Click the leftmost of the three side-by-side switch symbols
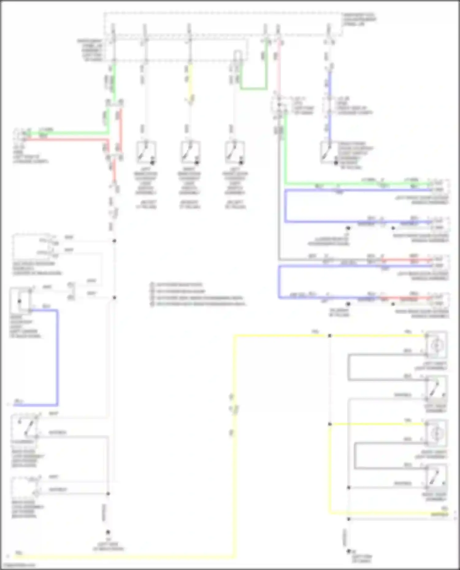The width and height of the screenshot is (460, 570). coord(146,152)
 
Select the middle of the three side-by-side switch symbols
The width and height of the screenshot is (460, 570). coord(190,152)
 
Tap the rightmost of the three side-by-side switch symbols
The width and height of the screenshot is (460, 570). coord(235,152)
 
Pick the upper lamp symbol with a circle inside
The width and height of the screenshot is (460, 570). coord(436,345)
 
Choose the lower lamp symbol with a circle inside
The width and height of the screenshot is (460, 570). coord(436,433)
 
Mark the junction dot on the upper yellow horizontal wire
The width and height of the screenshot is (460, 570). coord(330,336)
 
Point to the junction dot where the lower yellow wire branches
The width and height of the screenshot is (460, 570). coord(330,424)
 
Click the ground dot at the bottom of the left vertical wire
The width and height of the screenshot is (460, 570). coord(108,533)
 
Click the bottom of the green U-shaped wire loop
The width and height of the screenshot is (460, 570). coord(253,89)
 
